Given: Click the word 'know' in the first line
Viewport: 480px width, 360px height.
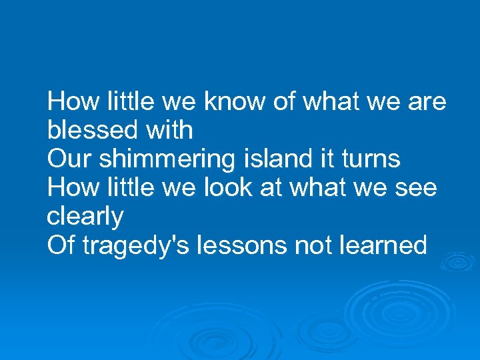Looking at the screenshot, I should coord(231,102).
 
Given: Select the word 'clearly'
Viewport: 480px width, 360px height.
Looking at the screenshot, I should coord(86,217).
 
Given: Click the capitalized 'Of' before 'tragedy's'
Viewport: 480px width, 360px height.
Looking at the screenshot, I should coord(61,246).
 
